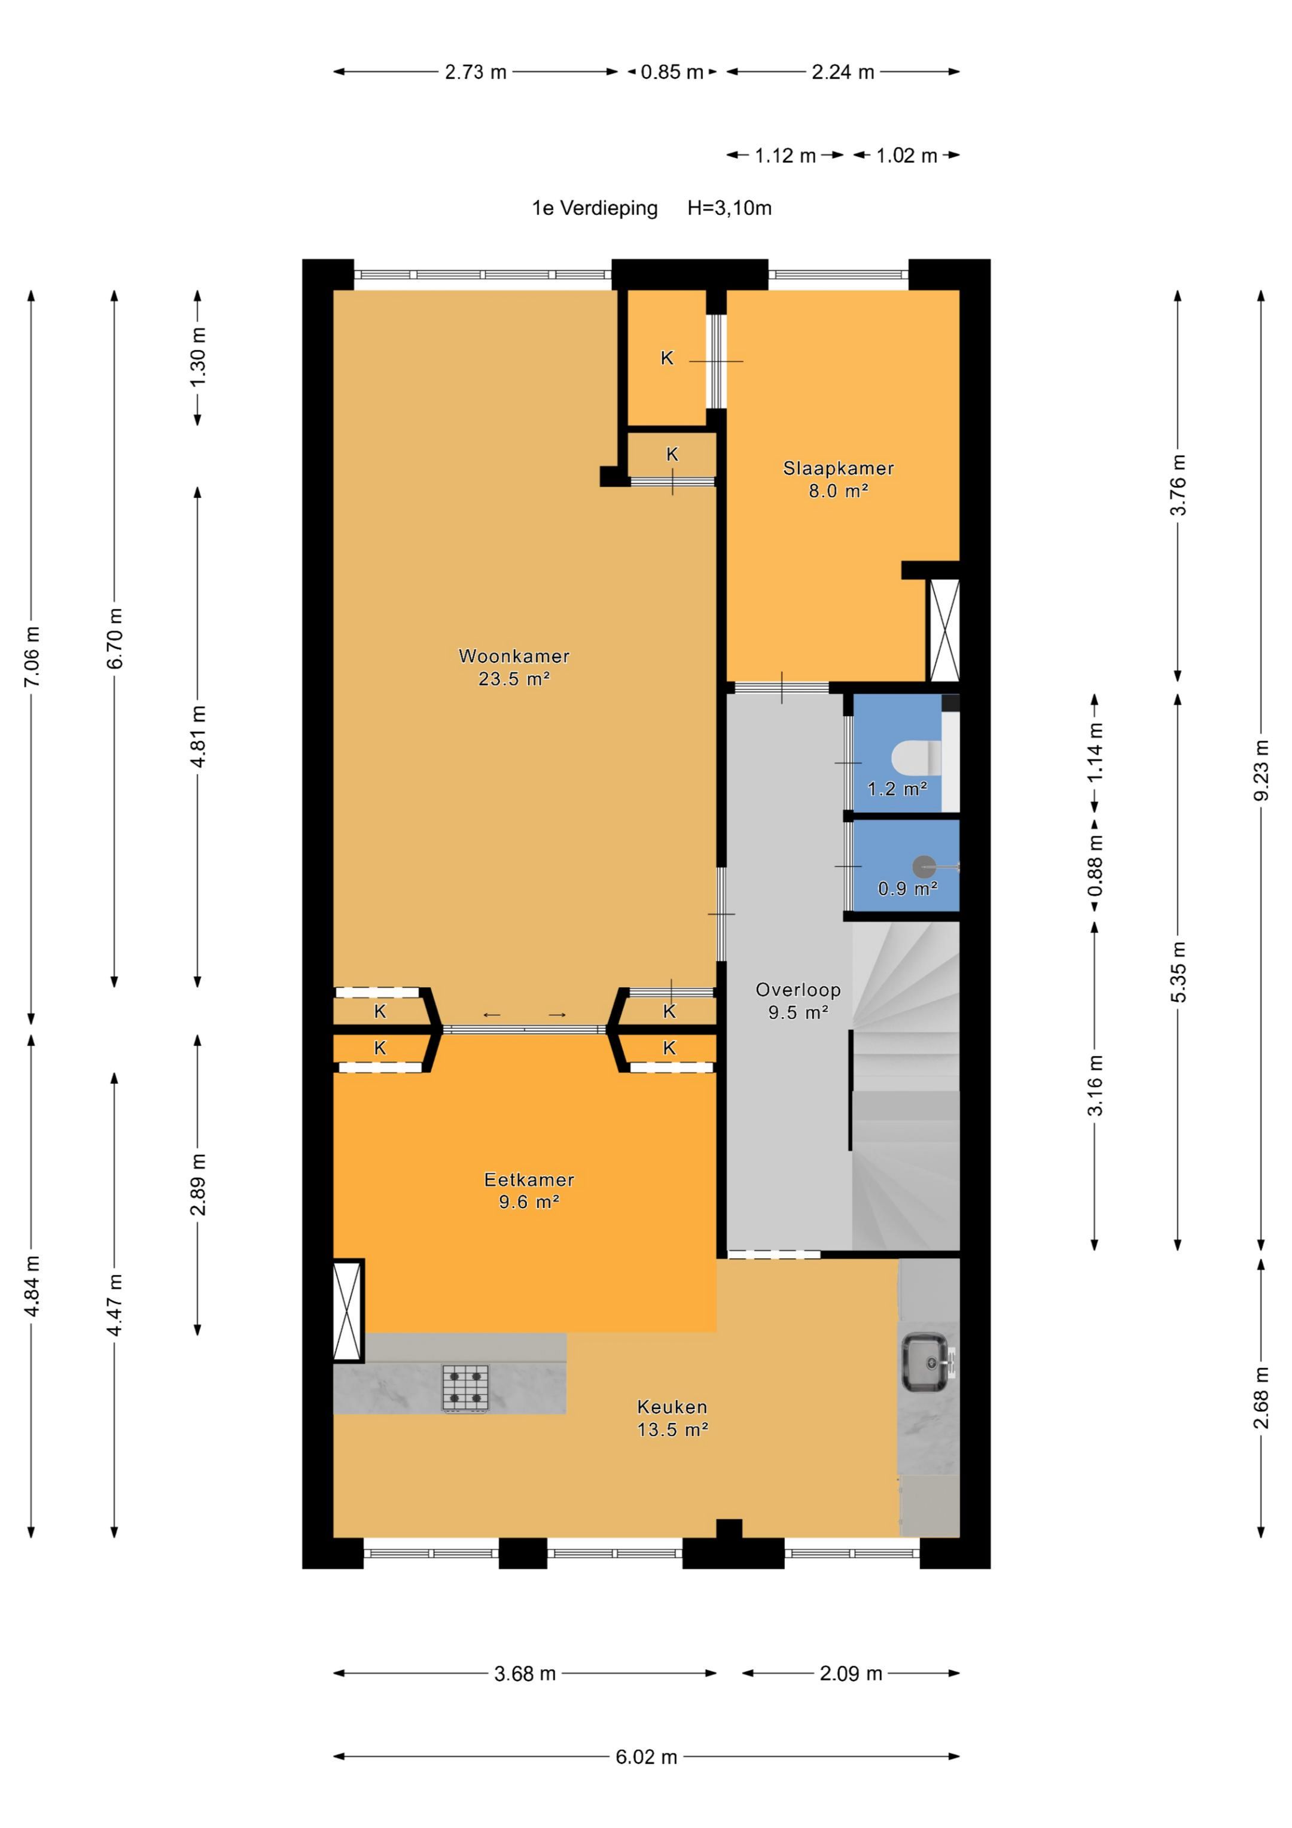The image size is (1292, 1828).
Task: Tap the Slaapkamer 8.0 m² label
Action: click(x=838, y=479)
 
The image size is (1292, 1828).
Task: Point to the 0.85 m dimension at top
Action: click(x=673, y=72)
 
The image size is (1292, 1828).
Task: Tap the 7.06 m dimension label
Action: click(x=31, y=657)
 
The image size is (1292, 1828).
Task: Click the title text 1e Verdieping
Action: click(x=595, y=209)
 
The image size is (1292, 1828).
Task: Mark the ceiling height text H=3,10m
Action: click(x=730, y=209)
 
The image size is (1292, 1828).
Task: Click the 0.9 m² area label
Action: click(x=907, y=889)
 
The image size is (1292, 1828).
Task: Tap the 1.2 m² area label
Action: click(x=897, y=789)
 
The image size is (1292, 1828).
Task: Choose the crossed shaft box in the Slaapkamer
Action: click(x=944, y=629)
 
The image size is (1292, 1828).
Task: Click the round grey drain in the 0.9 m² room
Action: click(x=924, y=866)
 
